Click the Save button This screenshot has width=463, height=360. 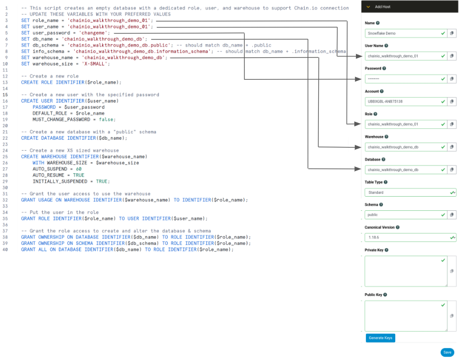(447, 352)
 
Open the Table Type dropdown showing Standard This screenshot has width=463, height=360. (410, 192)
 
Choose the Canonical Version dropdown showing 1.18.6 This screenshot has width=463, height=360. (410, 238)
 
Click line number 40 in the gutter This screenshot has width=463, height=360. (5, 250)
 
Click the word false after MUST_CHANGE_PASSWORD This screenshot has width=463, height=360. (106, 119)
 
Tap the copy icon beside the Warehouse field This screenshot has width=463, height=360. (452, 147)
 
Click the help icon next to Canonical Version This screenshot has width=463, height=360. (399, 227)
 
